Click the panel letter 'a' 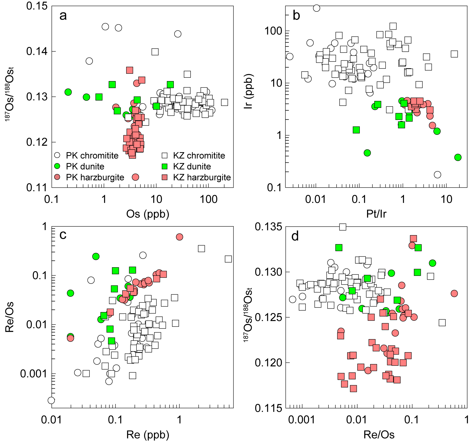[x=63, y=16]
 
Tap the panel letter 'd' [x=295, y=237]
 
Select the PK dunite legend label [x=85, y=167]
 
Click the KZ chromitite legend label [x=199, y=156]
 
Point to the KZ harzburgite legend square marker [x=165, y=177]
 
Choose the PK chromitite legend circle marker [x=57, y=155]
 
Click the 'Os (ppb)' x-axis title [x=148, y=214]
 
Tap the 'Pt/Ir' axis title [x=376, y=214]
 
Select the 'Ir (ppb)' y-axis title [x=248, y=91]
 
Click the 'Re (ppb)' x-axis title [x=148, y=435]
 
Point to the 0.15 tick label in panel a [x=37, y=6]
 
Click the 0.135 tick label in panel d [x=268, y=227]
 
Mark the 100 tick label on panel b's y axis [x=273, y=31]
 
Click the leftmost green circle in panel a [x=68, y=92]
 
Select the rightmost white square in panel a [x=224, y=102]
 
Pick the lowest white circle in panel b [x=438, y=175]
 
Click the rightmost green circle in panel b [x=458, y=157]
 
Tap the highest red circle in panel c [x=180, y=237]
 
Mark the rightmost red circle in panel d [x=454, y=294]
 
